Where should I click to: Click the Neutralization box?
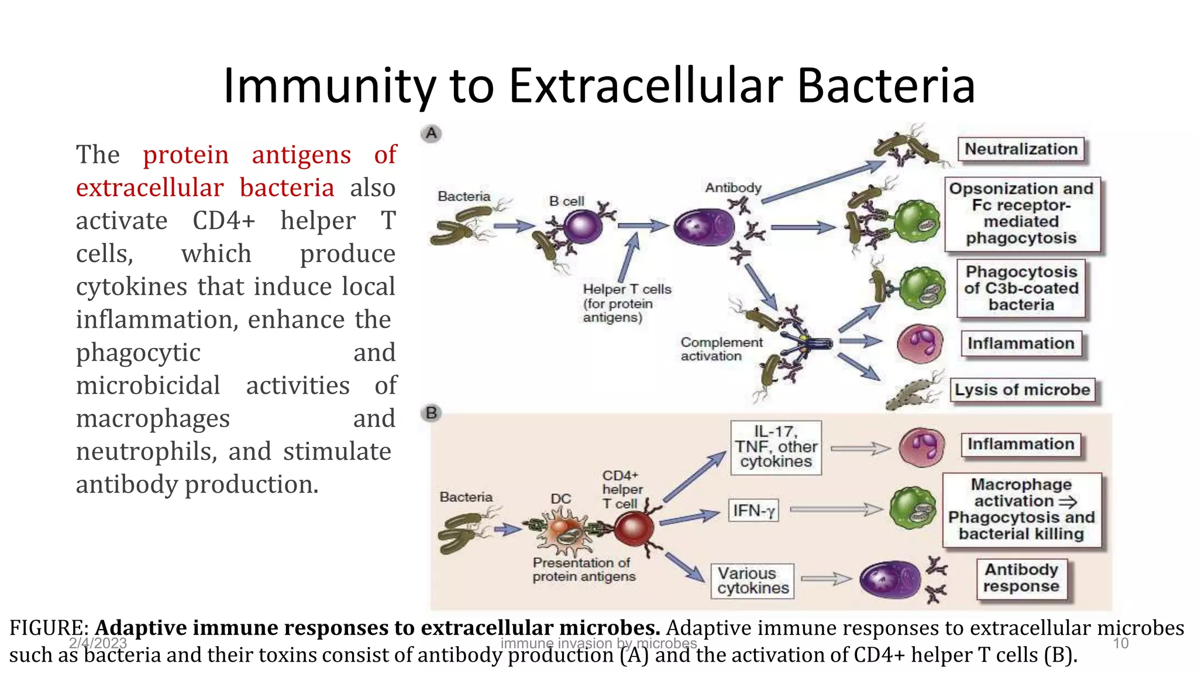click(1021, 149)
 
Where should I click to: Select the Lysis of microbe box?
click(1023, 390)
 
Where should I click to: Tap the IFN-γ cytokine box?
click(753, 511)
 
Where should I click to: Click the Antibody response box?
click(1021, 578)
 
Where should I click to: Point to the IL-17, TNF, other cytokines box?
click(776, 447)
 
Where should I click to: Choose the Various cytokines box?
click(753, 581)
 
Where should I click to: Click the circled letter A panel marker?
click(431, 133)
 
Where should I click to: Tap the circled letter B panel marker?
click(431, 413)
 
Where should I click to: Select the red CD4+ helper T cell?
click(634, 528)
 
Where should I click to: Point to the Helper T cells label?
click(626, 290)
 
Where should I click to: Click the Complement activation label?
click(721, 349)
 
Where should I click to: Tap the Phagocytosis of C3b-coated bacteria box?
click(1021, 288)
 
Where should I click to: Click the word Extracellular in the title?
click(646, 86)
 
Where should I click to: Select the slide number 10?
click(1120, 644)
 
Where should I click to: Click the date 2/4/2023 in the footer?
click(98, 644)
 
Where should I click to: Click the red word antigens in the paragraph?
click(301, 155)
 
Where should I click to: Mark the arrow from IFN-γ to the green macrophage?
click(836, 510)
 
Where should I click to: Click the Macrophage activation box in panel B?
click(1021, 510)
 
